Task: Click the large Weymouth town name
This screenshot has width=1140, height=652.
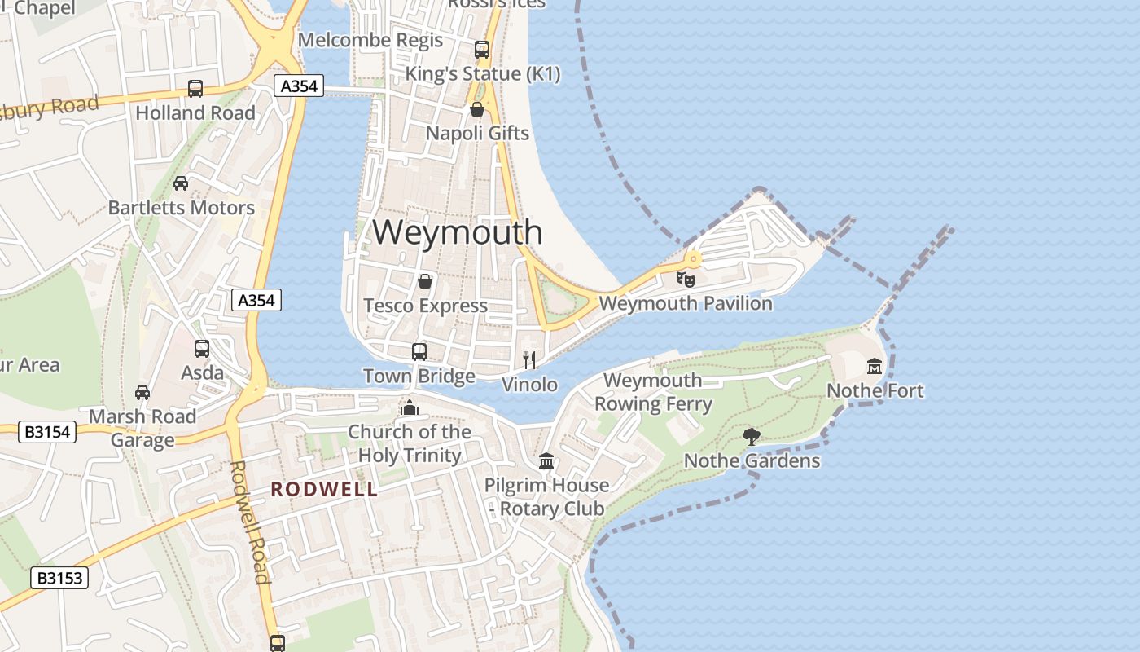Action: pyautogui.click(x=458, y=232)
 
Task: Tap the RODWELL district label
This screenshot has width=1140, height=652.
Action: pyautogui.click(x=324, y=489)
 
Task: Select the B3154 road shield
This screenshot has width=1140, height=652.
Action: pyautogui.click(x=47, y=432)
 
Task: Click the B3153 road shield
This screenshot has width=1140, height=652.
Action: pyautogui.click(x=59, y=578)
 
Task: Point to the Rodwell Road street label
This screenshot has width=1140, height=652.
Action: pyautogui.click(x=249, y=522)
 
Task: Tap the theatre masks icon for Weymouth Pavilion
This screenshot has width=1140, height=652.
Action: pyautogui.click(x=686, y=279)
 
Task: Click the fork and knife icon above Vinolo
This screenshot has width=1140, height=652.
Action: pyautogui.click(x=529, y=359)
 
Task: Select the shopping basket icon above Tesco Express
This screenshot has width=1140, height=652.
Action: pyautogui.click(x=425, y=282)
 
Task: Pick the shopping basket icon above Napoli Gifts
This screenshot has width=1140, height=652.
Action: pyautogui.click(x=477, y=109)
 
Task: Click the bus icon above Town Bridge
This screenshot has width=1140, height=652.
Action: pyautogui.click(x=419, y=352)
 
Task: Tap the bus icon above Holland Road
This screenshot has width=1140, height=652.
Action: pyautogui.click(x=195, y=88)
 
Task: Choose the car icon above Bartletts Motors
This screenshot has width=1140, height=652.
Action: pyautogui.click(x=181, y=183)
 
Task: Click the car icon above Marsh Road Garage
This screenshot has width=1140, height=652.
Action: pyautogui.click(x=142, y=393)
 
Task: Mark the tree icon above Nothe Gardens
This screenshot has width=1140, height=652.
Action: pyautogui.click(x=752, y=437)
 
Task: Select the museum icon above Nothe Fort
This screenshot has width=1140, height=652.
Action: pyautogui.click(x=875, y=367)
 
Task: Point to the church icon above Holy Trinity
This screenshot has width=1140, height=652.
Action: pyautogui.click(x=409, y=407)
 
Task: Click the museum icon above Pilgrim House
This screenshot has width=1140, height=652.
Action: pyautogui.click(x=546, y=461)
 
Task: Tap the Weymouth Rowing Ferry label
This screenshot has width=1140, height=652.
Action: pyautogui.click(x=653, y=392)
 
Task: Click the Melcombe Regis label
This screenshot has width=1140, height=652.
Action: pyautogui.click(x=370, y=40)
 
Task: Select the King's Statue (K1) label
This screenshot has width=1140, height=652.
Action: pyautogui.click(x=483, y=74)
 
